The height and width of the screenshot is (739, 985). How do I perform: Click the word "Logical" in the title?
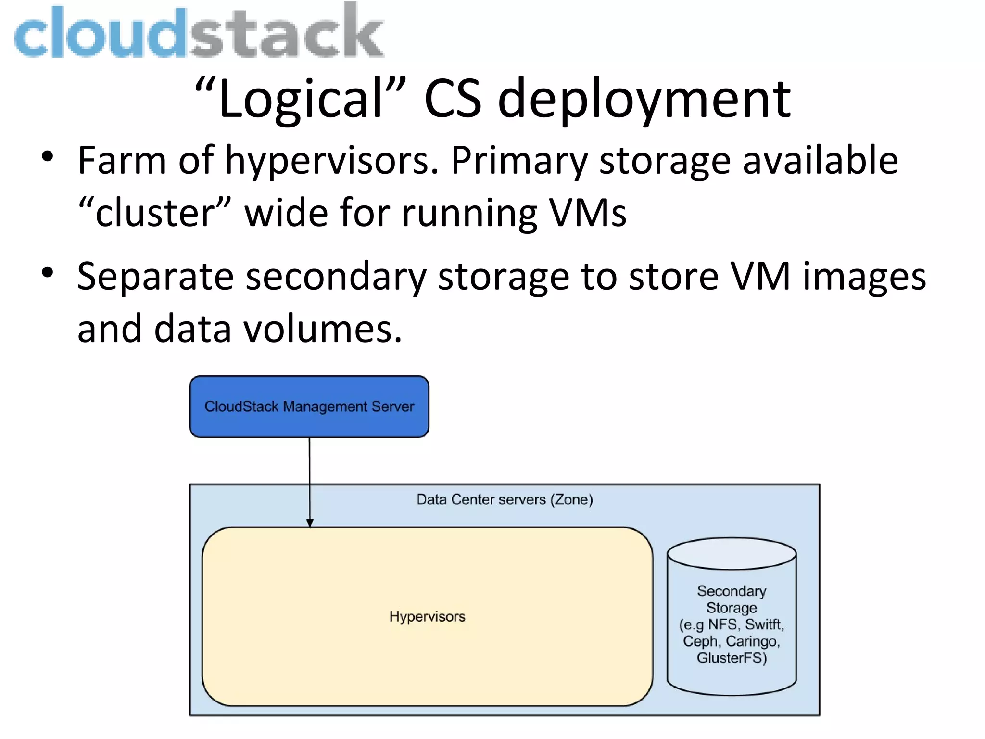[x=301, y=99]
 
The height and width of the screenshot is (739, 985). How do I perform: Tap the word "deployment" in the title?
[x=644, y=99]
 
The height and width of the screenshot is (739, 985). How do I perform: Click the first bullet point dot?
[x=47, y=157]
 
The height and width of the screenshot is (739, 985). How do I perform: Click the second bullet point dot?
[x=47, y=273]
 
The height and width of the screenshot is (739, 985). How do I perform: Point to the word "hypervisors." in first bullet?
[x=332, y=161]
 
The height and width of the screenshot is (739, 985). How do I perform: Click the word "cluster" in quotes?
[x=154, y=213]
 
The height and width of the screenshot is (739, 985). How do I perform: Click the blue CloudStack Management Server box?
[x=309, y=407]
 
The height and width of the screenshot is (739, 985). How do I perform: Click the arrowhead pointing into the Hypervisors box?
[x=310, y=523]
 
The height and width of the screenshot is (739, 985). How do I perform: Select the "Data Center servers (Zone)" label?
[x=505, y=500]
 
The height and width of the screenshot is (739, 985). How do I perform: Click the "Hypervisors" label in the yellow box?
[x=427, y=617]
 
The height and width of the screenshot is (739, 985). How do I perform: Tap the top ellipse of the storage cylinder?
[x=732, y=554]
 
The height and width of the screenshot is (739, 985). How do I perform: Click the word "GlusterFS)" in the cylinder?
[x=732, y=658]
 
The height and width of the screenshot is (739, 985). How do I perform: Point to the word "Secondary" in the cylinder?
[x=732, y=591]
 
